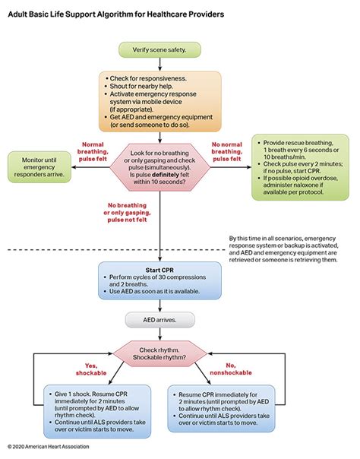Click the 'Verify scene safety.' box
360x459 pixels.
point(160,49)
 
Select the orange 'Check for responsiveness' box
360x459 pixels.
point(160,101)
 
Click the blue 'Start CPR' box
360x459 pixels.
point(160,280)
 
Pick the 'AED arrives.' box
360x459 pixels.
point(160,320)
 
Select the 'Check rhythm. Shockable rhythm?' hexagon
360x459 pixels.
point(160,353)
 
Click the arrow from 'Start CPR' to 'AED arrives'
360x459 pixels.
point(160,305)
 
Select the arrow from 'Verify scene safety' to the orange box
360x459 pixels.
point(160,65)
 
